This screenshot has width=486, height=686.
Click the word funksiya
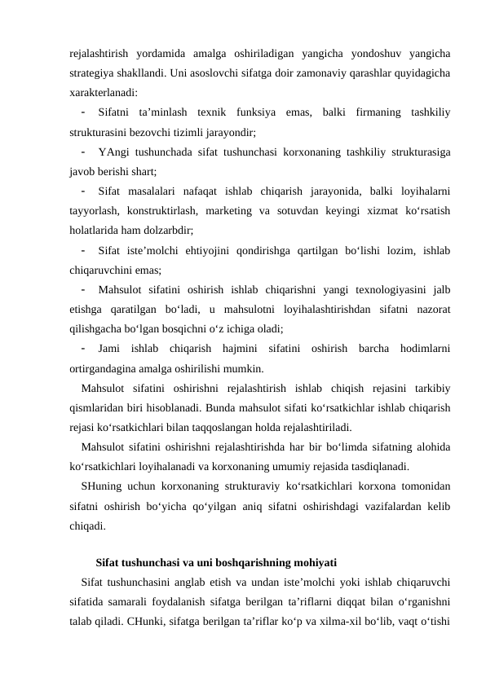pos(257,112)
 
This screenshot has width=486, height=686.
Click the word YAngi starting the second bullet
pos(112,151)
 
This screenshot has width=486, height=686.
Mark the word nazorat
pos(435,307)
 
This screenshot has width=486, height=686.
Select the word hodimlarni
pos(428,346)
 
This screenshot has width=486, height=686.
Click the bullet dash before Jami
pos(84,346)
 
